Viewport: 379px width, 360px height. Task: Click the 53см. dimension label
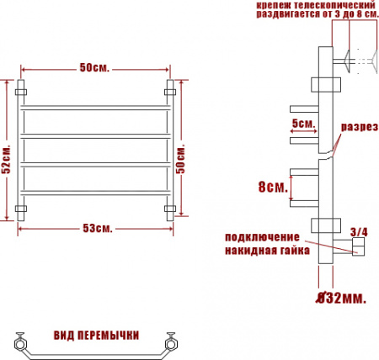99,229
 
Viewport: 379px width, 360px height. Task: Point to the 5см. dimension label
303,124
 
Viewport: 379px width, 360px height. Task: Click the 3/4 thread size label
358,230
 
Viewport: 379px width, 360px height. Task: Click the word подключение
263,236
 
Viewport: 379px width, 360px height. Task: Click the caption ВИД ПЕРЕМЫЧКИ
96,334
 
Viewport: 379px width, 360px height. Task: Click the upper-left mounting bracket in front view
23,87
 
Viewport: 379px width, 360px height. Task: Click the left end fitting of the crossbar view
20,342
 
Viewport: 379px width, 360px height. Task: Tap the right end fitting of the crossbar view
173,342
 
